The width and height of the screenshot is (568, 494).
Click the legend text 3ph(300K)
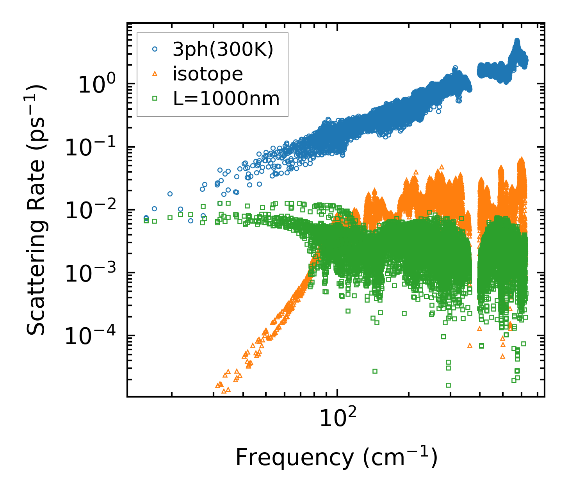(x=223, y=50)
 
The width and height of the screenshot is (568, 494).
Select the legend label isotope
(x=208, y=74)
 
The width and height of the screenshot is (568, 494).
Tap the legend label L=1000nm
(x=226, y=99)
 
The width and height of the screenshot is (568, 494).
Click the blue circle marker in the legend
(x=155, y=50)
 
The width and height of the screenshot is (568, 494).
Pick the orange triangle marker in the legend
(x=155, y=74)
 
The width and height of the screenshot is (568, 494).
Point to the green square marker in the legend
(x=155, y=99)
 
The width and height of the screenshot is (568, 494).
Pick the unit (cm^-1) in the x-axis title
(x=400, y=457)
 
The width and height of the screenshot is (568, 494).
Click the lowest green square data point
(x=448, y=385)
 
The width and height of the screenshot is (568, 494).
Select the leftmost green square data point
(x=146, y=221)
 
